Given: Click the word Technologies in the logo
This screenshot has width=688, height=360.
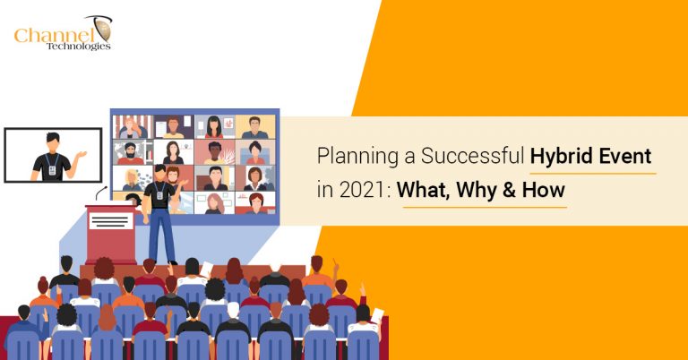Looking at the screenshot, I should point(79,47).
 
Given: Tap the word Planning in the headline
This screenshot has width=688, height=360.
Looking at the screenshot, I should point(351,159).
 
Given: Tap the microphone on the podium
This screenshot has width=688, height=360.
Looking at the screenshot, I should point(101,192).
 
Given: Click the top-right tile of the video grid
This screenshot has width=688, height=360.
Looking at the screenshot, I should point(254,126).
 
